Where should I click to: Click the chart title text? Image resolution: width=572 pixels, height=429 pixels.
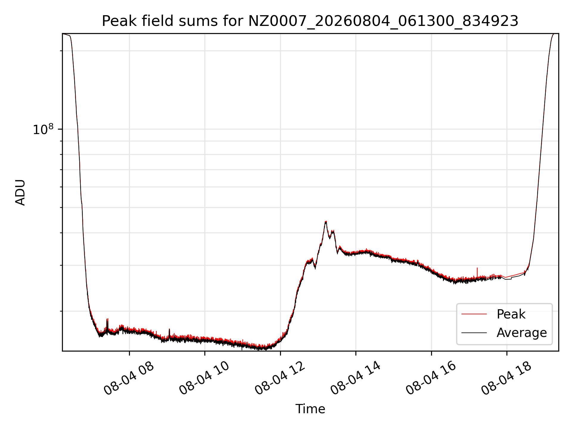click(x=310, y=21)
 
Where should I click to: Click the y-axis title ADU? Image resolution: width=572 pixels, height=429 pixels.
click(x=20, y=192)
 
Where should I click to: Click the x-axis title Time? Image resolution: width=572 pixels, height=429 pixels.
click(x=310, y=409)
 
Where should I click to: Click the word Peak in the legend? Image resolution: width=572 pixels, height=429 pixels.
click(x=511, y=314)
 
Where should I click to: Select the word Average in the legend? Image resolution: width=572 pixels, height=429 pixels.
click(x=522, y=332)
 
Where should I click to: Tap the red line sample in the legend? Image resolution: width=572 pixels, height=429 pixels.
click(x=474, y=314)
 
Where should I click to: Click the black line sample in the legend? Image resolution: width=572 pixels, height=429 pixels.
click(x=474, y=332)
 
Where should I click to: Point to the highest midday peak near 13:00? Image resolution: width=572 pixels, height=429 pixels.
click(x=326, y=222)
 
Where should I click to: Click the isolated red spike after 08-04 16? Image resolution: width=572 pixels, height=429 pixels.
click(x=477, y=268)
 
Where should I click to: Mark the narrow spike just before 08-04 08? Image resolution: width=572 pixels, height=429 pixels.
click(x=107, y=319)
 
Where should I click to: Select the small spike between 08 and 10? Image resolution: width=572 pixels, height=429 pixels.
click(x=169, y=329)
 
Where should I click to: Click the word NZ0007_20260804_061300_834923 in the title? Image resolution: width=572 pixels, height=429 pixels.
click(x=383, y=21)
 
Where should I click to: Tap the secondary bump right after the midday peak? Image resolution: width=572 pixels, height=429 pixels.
click(x=333, y=231)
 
